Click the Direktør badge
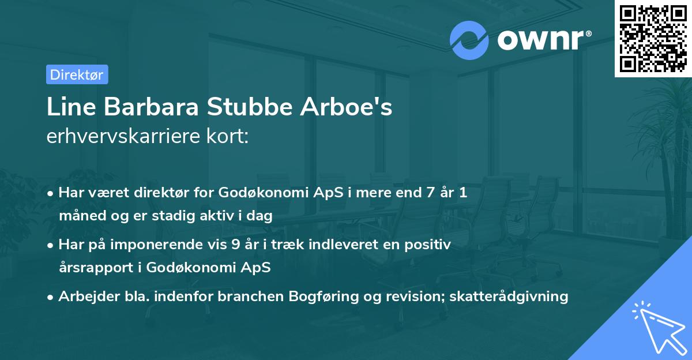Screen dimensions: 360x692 tap(77, 74)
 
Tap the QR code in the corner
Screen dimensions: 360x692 tap(652, 38)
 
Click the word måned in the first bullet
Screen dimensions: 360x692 tap(78, 216)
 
